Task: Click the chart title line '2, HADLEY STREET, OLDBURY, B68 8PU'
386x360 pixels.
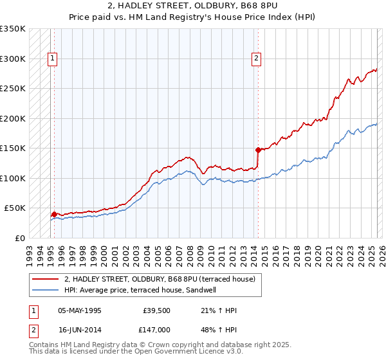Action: (x=193, y=6)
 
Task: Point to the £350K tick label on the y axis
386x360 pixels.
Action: (x=13, y=29)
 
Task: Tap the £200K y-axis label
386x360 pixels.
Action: (x=13, y=118)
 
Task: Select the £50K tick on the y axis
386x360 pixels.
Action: (x=15, y=208)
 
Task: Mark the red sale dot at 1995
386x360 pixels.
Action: (x=54, y=214)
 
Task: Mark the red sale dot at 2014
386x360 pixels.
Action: (x=258, y=150)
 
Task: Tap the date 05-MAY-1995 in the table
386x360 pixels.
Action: (x=79, y=310)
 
